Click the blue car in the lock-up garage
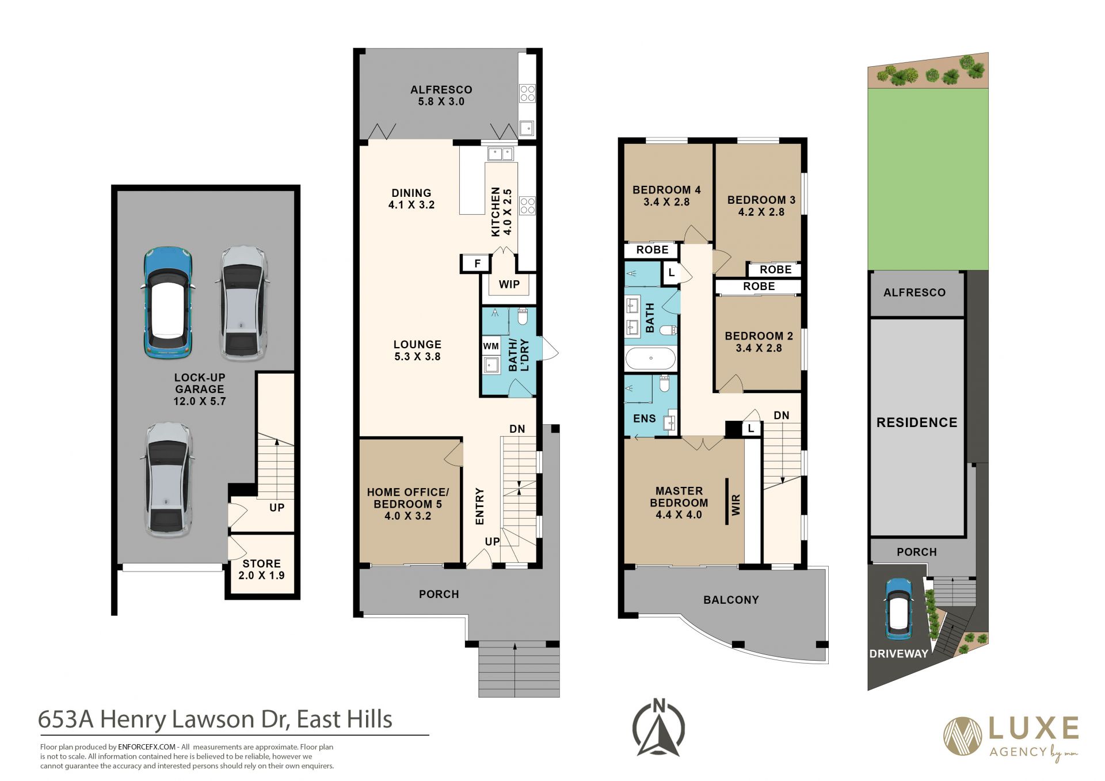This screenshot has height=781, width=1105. point(167,303)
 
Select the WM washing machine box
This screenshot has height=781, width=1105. point(491,346)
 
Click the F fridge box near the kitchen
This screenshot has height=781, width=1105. point(477,264)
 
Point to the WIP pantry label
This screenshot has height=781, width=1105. point(509,284)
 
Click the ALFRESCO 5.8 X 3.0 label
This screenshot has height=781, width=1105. point(441,96)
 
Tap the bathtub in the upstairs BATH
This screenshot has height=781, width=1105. point(650,358)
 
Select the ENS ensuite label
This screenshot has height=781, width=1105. point(644,418)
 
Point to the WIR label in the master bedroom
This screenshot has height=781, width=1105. point(736,504)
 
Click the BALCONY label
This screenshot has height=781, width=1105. point(731,600)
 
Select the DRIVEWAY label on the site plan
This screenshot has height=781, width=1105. point(898,654)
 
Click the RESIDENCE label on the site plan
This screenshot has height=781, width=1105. point(917,422)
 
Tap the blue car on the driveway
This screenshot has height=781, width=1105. point(898,609)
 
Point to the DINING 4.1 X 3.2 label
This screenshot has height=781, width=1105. point(411,199)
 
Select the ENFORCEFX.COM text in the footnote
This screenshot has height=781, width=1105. point(147,747)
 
